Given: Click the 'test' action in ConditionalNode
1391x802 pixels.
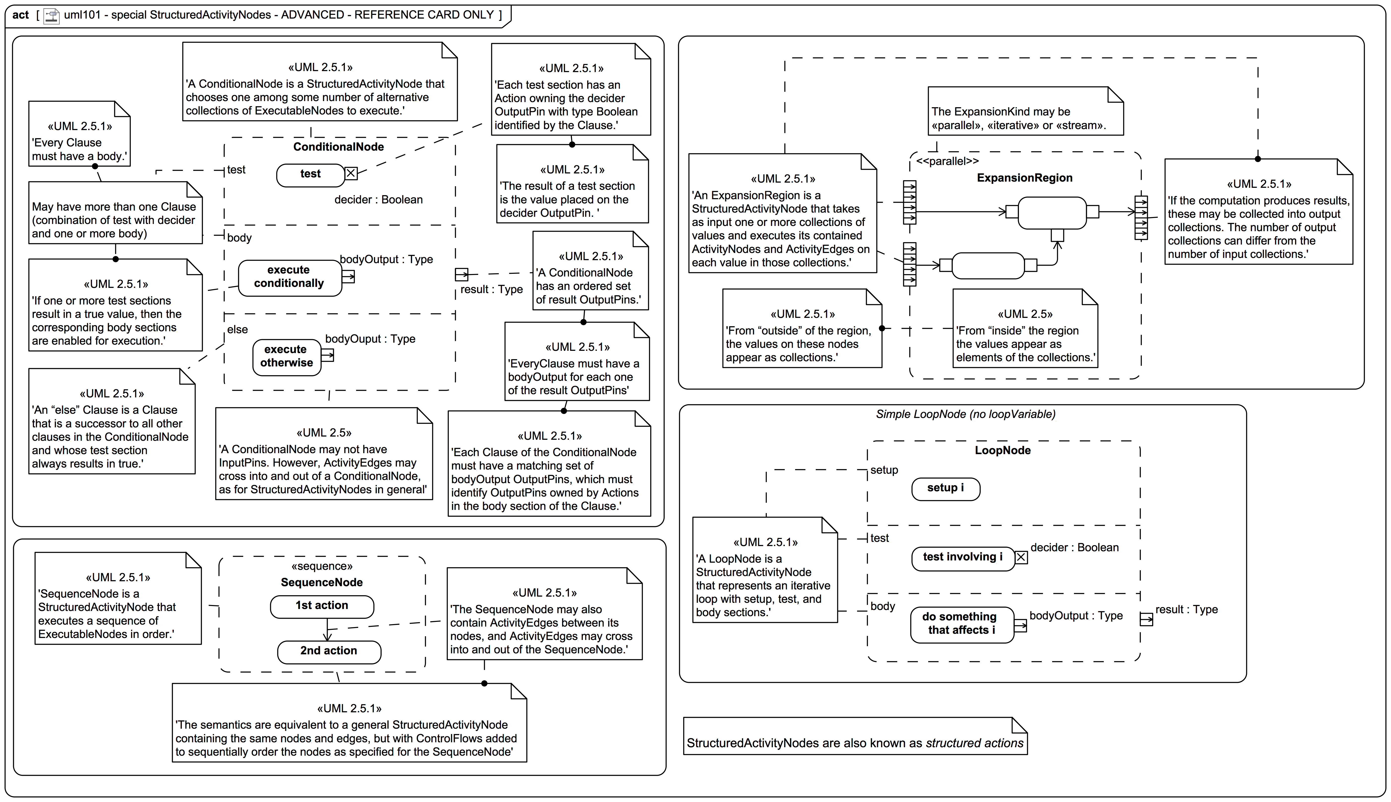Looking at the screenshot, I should click(310, 175).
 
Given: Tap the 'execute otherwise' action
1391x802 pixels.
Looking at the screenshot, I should click(287, 357).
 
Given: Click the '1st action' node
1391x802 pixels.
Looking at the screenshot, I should click(322, 606).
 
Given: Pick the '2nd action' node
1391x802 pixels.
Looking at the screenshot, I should click(329, 652).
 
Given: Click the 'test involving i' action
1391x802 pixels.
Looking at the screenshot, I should click(962, 558).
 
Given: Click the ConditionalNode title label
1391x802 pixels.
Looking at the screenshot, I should click(338, 147).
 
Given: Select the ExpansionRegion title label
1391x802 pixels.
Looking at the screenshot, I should click(1024, 178).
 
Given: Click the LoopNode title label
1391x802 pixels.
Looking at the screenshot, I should click(1002, 451).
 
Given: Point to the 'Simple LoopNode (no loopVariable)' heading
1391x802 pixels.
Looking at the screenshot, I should click(965, 414).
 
